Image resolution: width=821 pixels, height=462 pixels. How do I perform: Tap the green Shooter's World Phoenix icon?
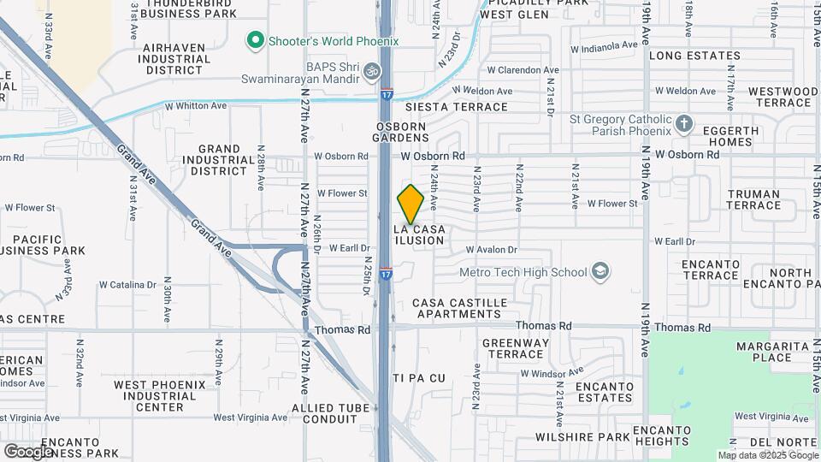tap(254, 40)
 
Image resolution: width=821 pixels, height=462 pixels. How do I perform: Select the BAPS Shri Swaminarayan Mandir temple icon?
tap(371, 69)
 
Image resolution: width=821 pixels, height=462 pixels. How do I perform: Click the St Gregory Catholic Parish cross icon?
tap(683, 125)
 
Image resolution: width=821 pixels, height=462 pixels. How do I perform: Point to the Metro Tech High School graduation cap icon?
tap(601, 272)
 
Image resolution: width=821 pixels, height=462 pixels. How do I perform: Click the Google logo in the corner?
tap(28, 451)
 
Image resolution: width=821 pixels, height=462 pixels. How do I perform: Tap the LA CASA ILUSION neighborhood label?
tap(419, 235)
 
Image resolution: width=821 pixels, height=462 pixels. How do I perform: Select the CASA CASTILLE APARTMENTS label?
tap(459, 309)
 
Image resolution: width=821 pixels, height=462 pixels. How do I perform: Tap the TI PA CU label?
tap(419, 377)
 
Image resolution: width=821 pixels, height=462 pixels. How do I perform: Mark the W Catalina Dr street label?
tap(127, 284)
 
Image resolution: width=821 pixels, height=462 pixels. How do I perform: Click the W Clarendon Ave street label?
tap(523, 70)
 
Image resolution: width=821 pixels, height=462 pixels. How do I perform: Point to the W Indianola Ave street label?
tap(603, 44)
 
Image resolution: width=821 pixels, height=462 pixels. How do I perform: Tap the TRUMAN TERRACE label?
tap(753, 199)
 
